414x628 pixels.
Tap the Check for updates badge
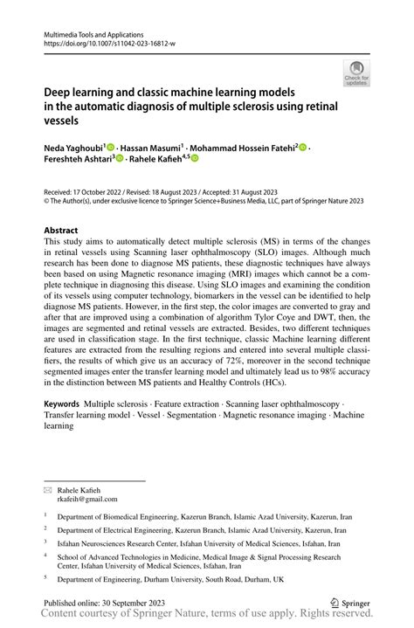(358, 75)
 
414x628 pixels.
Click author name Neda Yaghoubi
(73, 148)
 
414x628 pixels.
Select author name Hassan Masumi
(151, 148)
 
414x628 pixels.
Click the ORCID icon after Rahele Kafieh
(195, 159)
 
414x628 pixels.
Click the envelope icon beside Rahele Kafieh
(48, 489)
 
